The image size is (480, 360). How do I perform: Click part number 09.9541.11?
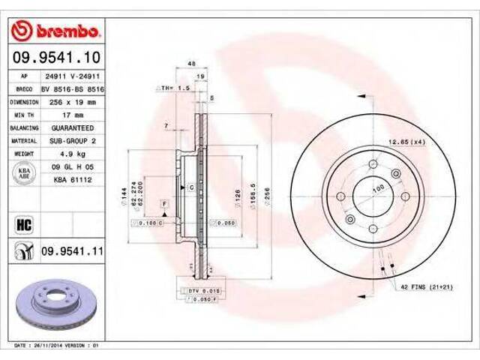(x=70, y=250)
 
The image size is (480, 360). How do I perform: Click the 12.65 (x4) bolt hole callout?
(x=406, y=142)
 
